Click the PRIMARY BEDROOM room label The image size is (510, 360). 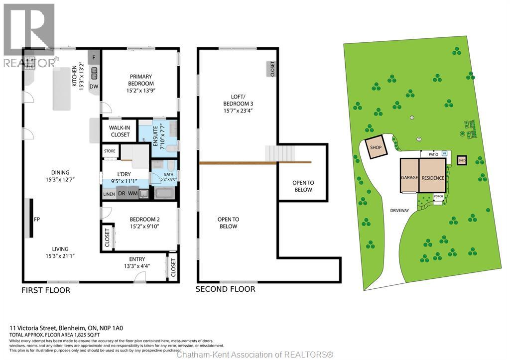click(x=140, y=80)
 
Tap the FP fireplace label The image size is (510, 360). click(x=37, y=218)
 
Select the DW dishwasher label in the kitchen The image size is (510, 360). click(x=94, y=87)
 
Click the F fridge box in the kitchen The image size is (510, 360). click(x=94, y=57)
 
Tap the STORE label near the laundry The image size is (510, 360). click(x=110, y=151)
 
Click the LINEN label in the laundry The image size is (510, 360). click(x=109, y=194)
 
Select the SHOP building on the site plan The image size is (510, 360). click(x=376, y=148)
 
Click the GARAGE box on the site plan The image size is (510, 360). click(x=409, y=176)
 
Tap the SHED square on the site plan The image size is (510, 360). click(x=462, y=160)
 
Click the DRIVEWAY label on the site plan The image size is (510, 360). click(x=399, y=211)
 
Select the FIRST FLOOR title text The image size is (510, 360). click(x=45, y=290)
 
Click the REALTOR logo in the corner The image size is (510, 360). click(x=29, y=35)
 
